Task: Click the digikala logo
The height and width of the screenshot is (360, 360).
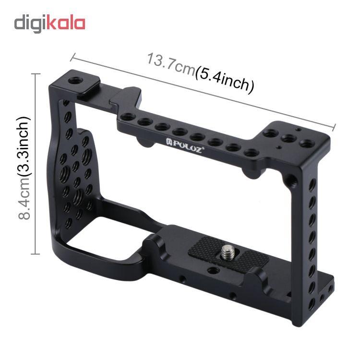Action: (49, 24)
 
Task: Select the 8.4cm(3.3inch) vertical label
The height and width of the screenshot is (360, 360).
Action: (24, 168)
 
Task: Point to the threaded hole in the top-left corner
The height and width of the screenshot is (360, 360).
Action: (75, 81)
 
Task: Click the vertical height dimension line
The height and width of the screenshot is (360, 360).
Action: (35, 164)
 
